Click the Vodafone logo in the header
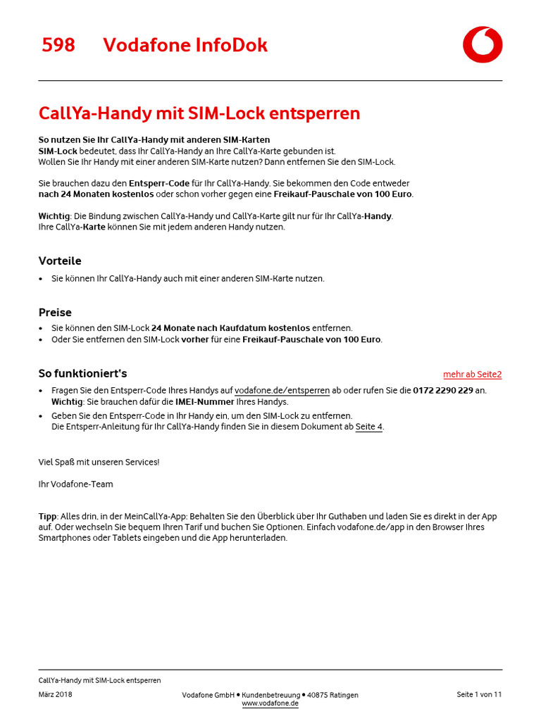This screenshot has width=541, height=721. (x=483, y=44)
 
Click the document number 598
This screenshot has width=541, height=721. (x=58, y=45)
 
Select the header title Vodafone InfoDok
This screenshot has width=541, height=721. (x=185, y=45)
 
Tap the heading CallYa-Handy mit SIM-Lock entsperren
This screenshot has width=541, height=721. (x=199, y=113)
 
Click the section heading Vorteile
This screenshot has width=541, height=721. (x=60, y=261)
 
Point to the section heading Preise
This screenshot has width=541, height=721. (x=55, y=312)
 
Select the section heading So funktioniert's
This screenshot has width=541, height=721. (x=82, y=373)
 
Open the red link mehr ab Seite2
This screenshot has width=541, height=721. (x=472, y=375)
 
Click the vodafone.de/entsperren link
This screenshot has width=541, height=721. (x=282, y=390)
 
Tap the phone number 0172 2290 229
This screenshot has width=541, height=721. (x=443, y=390)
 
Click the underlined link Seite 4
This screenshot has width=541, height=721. (x=368, y=427)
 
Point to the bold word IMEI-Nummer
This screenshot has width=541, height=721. (x=204, y=401)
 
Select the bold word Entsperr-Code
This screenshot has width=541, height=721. (x=159, y=183)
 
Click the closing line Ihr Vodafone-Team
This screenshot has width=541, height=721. (x=75, y=484)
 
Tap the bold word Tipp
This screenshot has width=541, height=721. (x=47, y=516)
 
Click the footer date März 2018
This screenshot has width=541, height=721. (x=55, y=694)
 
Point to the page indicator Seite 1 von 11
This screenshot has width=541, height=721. (x=479, y=694)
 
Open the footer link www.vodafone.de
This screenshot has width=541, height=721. (x=270, y=703)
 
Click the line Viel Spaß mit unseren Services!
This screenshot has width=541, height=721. (x=99, y=462)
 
